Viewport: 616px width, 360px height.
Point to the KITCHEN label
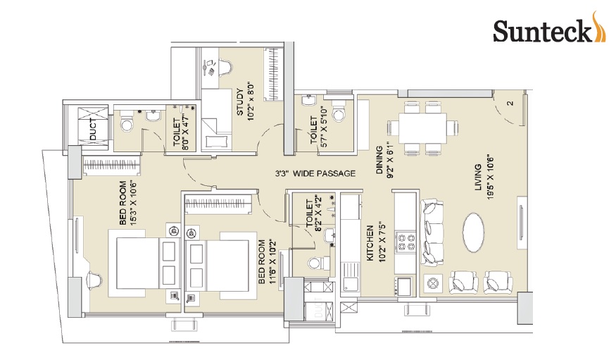click(370, 243)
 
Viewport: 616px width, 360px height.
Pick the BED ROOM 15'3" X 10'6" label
click(128, 203)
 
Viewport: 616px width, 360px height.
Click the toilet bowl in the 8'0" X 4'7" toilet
click(127, 125)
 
